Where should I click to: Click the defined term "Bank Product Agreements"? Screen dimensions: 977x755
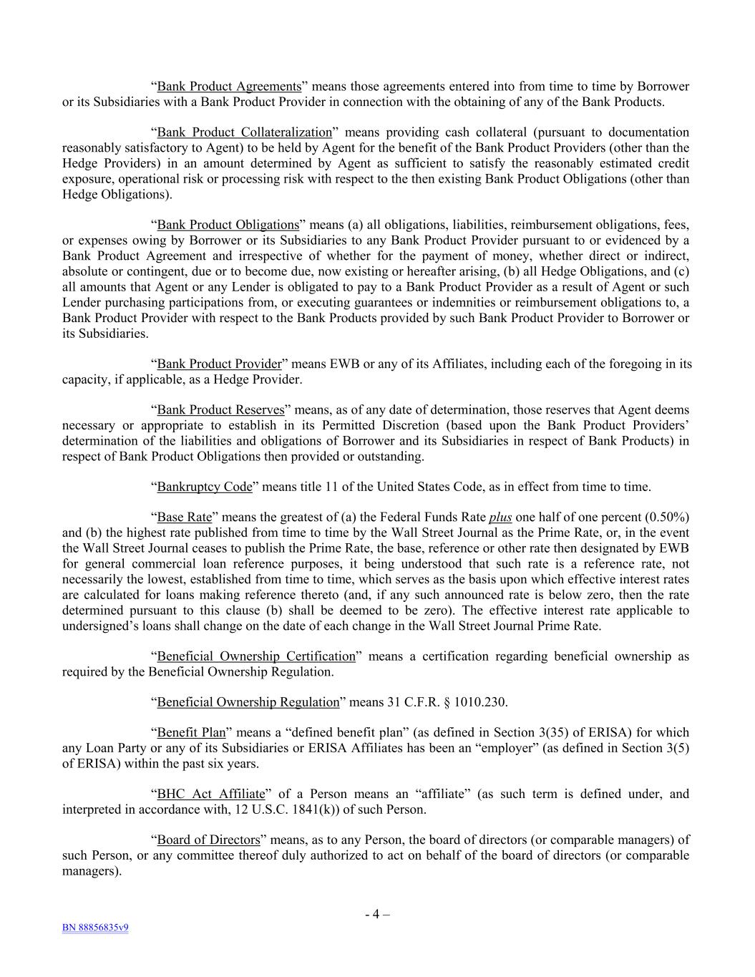click(229, 87)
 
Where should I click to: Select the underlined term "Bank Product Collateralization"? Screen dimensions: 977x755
click(245, 132)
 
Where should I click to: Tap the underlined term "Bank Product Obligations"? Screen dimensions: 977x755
click(228, 225)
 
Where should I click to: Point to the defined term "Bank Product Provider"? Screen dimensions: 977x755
click(219, 364)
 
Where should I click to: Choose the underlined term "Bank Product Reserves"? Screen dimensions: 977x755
click(220, 410)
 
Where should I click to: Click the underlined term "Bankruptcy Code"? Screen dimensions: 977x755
click(205, 487)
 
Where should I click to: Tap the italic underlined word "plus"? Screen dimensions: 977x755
click(500, 517)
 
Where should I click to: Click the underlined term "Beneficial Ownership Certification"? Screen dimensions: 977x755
click(256, 656)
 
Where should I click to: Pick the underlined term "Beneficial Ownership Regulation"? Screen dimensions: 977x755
click(248, 702)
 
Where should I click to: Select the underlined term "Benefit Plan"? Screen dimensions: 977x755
click(191, 733)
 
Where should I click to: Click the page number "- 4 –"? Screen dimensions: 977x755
click(377, 914)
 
